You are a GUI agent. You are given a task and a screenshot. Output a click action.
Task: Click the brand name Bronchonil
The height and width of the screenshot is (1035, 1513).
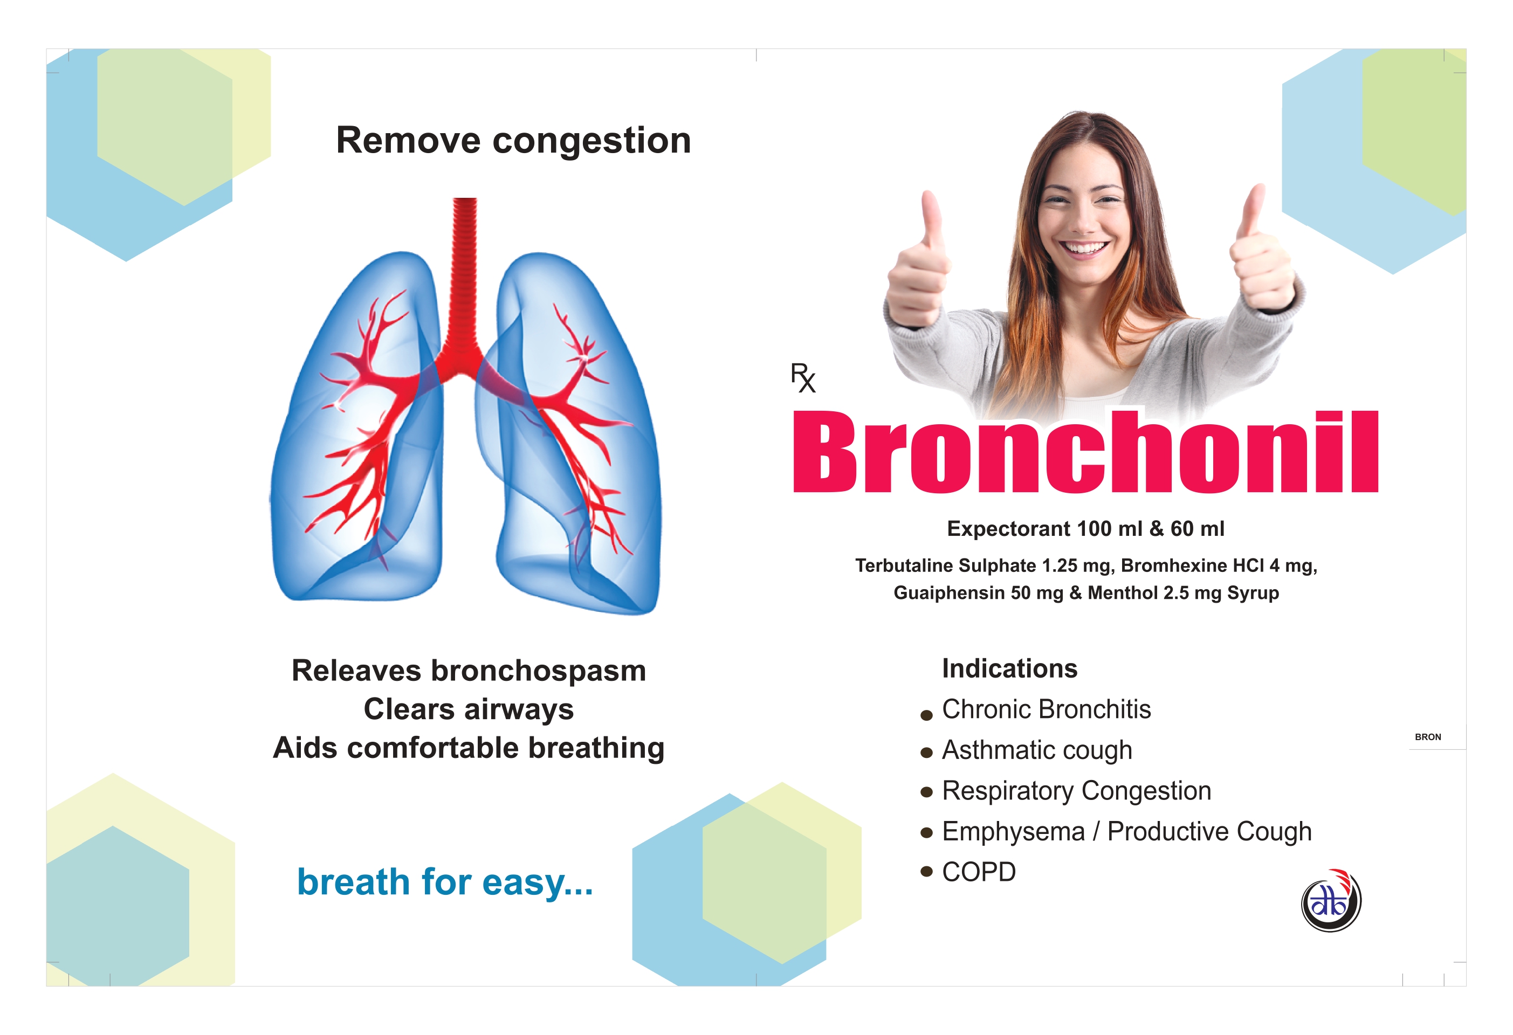[x=1085, y=451]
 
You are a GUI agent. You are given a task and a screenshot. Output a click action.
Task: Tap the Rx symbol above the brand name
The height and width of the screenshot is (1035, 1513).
[x=803, y=377]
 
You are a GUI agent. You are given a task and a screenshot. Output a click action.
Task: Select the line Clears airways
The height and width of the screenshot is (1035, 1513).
[x=469, y=709]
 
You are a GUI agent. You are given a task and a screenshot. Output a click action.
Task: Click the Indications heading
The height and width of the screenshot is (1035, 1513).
[x=1010, y=668]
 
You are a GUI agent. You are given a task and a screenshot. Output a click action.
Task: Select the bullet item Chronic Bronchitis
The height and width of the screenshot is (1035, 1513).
[x=1046, y=709]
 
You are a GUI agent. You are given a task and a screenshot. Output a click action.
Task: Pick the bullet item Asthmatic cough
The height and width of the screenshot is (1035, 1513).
[x=1037, y=750]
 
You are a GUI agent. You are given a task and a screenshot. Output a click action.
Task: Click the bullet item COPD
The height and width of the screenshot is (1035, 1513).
[x=979, y=872]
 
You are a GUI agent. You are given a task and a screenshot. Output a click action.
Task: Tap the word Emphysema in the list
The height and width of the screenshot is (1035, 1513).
[x=1013, y=832]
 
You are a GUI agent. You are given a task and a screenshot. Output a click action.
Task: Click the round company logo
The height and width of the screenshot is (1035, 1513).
[x=1331, y=901]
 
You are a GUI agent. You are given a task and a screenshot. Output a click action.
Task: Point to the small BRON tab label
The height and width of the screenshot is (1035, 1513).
[x=1428, y=737]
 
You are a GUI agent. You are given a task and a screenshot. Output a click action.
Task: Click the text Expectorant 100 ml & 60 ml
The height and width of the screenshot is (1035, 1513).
[x=1085, y=529]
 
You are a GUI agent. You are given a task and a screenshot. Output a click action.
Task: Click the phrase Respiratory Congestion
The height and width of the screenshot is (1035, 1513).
[x=1076, y=791]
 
